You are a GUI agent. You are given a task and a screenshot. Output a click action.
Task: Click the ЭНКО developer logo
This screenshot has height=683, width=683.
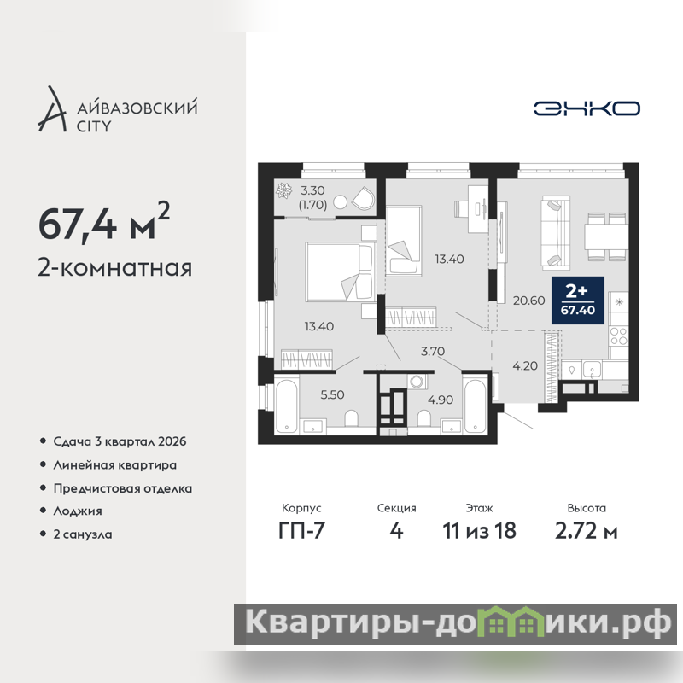click(x=587, y=108)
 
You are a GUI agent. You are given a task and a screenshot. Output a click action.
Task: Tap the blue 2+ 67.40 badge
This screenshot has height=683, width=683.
click(x=578, y=301)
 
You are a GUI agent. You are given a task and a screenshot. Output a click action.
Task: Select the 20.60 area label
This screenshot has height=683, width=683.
click(x=528, y=301)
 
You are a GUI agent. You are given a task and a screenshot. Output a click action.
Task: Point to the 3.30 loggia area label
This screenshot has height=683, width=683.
click(x=312, y=190)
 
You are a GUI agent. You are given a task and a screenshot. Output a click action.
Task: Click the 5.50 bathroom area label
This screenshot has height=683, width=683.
click(x=332, y=394)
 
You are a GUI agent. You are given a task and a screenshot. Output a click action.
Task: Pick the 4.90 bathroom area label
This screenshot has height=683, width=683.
click(x=441, y=400)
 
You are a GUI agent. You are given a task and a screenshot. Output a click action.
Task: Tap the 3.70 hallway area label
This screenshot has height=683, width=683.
click(x=433, y=351)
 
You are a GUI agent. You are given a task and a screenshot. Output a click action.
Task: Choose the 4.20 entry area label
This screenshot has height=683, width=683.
click(x=525, y=366)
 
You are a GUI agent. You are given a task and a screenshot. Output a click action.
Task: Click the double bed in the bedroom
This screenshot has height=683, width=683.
click(x=340, y=272)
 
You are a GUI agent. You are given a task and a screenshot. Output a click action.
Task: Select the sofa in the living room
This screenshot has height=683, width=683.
click(x=556, y=232)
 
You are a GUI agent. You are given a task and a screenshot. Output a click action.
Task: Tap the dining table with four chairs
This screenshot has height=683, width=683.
click(x=606, y=236)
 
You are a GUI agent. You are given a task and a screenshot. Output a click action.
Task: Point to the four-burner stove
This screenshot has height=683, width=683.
click(x=618, y=336)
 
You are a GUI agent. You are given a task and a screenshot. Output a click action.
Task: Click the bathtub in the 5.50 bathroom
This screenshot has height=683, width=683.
click(x=286, y=406)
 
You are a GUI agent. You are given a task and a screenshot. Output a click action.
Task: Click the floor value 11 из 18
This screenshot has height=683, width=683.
click(x=479, y=531)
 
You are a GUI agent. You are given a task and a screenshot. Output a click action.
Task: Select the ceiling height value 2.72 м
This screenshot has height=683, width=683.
click(x=587, y=531)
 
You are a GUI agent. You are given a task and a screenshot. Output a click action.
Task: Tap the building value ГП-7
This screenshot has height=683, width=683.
click(x=301, y=531)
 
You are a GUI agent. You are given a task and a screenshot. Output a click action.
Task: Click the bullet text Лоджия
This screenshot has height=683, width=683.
click(x=78, y=511)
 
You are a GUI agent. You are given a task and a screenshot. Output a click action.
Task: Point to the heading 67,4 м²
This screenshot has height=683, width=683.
click(x=103, y=222)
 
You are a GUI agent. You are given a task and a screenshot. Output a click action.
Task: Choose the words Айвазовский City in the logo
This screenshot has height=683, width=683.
click(x=137, y=116)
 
